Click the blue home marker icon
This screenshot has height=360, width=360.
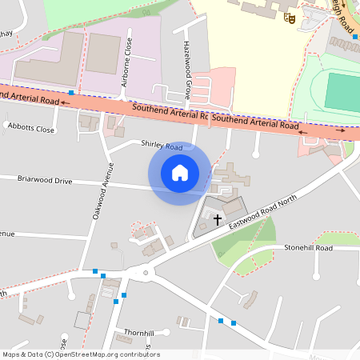180,173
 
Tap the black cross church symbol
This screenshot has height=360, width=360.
217,218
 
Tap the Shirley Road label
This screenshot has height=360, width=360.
162,146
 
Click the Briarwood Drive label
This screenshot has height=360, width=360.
45,181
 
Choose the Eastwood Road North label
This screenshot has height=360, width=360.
262,212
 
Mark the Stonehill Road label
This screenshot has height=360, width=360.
308,248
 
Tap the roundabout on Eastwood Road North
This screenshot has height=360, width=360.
146,273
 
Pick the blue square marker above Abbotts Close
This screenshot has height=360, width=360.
71,93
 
